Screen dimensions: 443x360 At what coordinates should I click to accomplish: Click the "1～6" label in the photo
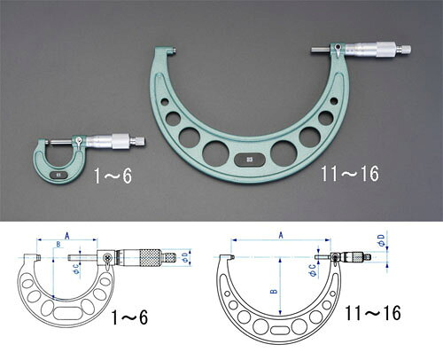[113, 176]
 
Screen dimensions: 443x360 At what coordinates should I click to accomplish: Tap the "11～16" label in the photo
[350, 174]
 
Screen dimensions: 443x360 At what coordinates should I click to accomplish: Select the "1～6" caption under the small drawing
[129, 317]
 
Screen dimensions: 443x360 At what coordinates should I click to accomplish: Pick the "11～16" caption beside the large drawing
[373, 313]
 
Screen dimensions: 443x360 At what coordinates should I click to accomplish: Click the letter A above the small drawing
[67, 236]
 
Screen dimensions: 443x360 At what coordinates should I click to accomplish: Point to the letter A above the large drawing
[281, 235]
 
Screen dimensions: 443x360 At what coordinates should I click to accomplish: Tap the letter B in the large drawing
[275, 291]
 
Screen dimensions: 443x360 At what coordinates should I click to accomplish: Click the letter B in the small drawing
[58, 244]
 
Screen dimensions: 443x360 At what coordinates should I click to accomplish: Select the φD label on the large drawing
[382, 240]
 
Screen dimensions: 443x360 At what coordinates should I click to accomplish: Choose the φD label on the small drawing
[185, 257]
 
